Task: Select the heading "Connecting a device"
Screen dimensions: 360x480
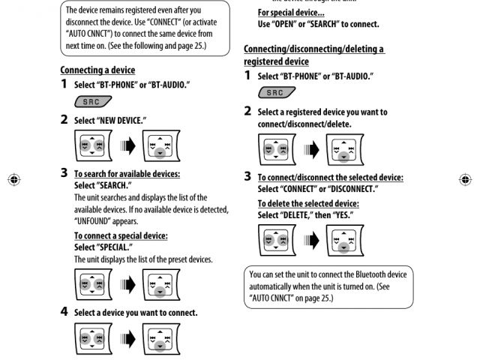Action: click(97, 70)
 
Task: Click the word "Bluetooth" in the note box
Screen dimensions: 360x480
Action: click(373, 274)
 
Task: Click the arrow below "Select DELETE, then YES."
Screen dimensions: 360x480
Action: click(307, 240)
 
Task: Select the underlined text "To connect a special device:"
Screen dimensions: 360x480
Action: click(121, 235)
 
